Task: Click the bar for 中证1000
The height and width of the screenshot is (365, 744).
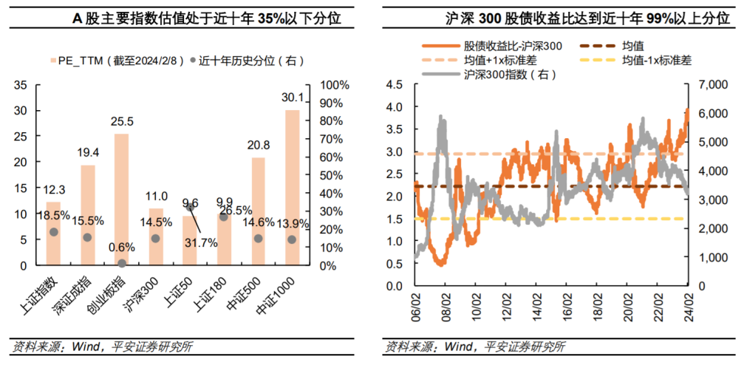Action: coord(292,188)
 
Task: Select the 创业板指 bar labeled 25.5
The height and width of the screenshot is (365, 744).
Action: coord(121,199)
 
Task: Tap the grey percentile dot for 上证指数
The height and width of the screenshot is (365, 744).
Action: coord(53,232)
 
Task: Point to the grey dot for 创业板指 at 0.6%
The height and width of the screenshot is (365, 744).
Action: coord(121,264)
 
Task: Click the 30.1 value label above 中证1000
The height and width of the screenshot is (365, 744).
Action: coord(292,98)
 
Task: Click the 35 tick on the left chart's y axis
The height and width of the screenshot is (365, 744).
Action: coord(20,85)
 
